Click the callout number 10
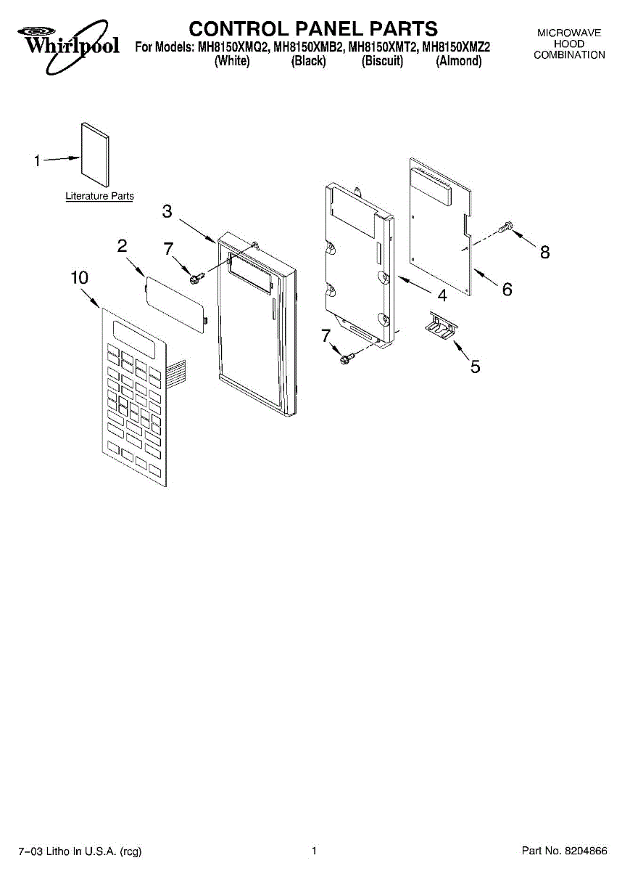tap(80, 277)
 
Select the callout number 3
tap(167, 211)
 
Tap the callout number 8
tap(544, 252)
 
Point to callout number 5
tap(475, 367)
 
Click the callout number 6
tap(507, 289)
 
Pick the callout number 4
tap(442, 295)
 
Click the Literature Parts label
tap(99, 196)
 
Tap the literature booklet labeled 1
tap(94, 154)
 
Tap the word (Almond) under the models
tap(458, 62)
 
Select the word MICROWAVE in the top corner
tap(569, 33)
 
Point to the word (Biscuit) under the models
tap(382, 62)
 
